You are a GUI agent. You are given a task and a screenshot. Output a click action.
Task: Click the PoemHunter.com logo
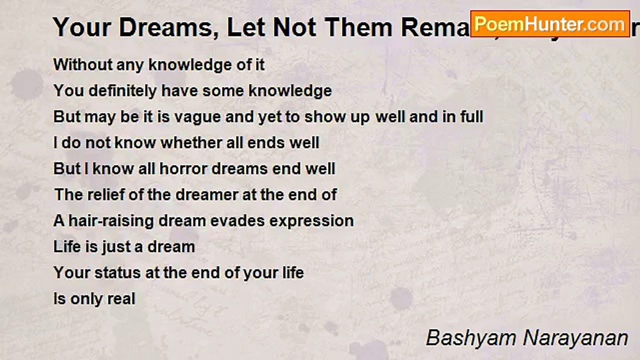pos(550,23)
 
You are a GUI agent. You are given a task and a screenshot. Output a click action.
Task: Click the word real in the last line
pos(122,298)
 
